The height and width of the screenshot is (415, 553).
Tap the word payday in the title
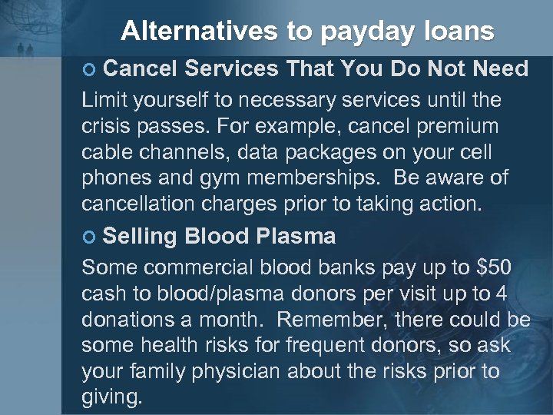coord(363,32)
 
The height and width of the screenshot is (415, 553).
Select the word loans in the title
coord(454,32)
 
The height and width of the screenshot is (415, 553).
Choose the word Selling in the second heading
coord(140,237)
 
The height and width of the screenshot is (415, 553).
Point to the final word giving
coord(112,398)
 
